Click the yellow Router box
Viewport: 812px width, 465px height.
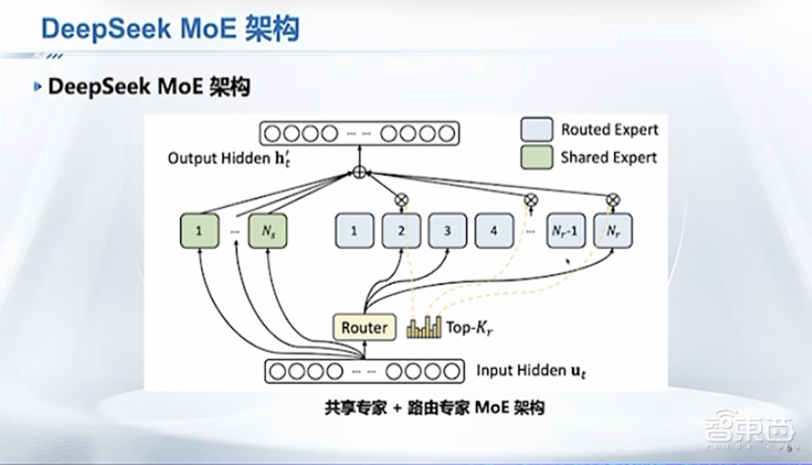(x=365, y=327)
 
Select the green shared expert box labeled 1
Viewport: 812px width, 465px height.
(x=199, y=231)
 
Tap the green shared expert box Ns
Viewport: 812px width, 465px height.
(x=269, y=231)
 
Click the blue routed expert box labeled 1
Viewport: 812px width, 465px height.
(x=354, y=231)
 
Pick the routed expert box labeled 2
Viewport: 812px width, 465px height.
(x=401, y=231)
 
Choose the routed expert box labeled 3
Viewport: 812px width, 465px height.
(x=447, y=231)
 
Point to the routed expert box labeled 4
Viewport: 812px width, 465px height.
(x=494, y=231)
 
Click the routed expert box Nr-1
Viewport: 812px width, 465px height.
(x=566, y=231)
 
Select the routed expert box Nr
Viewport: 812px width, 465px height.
(x=613, y=231)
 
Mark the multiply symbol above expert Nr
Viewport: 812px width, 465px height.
(x=613, y=198)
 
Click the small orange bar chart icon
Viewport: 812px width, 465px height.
(x=423, y=327)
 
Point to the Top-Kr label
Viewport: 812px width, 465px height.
(x=469, y=328)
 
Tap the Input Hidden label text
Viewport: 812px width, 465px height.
(x=527, y=371)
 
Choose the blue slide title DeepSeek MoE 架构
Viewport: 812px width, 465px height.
(x=170, y=29)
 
